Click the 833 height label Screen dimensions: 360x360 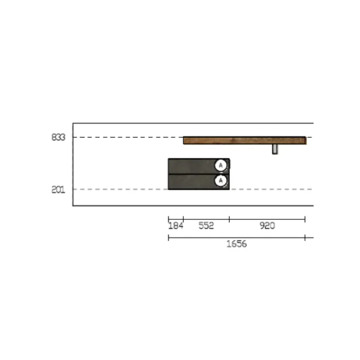[x=59, y=137]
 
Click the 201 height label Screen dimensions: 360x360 [x=59, y=190]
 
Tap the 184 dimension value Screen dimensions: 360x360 [x=176, y=226]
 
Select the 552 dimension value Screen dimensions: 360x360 [x=206, y=226]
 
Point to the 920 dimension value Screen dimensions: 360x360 [x=267, y=226]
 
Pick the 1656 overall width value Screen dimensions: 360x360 [x=236, y=244]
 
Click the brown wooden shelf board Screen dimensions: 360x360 [x=245, y=140]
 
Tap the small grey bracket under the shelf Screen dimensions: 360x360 [x=275, y=149]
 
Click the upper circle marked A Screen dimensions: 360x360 [x=221, y=165]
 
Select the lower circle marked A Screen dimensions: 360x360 [x=221, y=181]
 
